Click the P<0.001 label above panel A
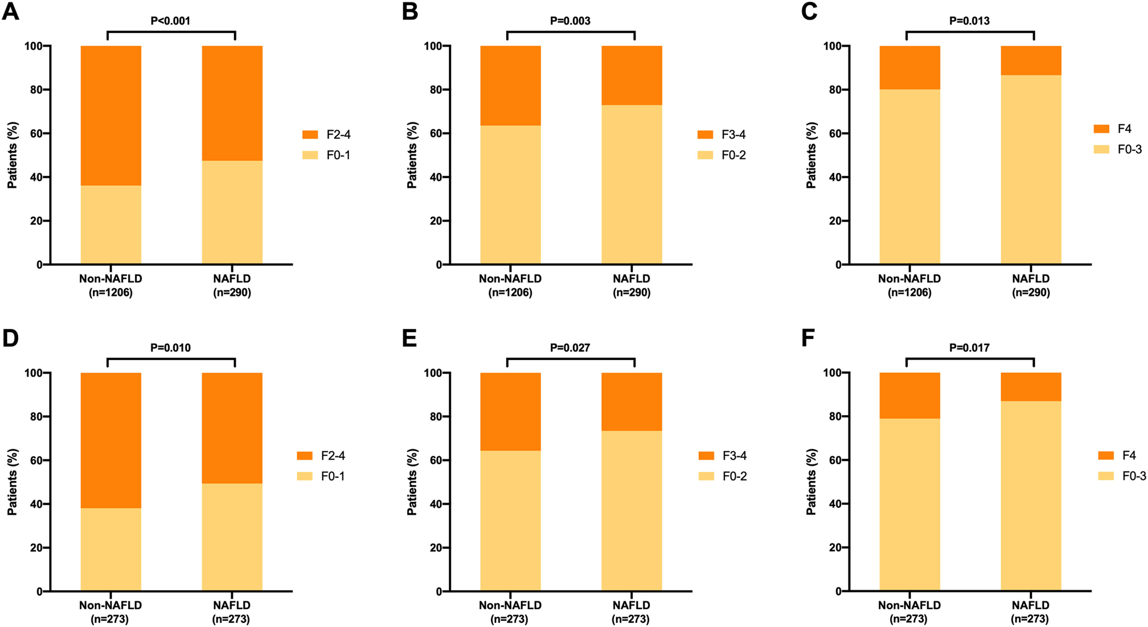click(170, 21)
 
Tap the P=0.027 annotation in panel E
click(570, 348)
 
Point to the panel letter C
click(809, 11)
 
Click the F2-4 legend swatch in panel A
click(310, 135)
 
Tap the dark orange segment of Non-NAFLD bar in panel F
click(910, 396)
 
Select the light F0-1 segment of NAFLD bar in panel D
click(232, 537)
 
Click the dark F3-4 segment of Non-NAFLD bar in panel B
click(510, 86)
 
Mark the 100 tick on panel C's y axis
click(832, 46)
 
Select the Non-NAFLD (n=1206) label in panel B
click(510, 285)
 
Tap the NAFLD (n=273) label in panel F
click(1030, 612)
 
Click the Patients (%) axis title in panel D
click(12, 482)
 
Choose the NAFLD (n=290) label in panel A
click(232, 285)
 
